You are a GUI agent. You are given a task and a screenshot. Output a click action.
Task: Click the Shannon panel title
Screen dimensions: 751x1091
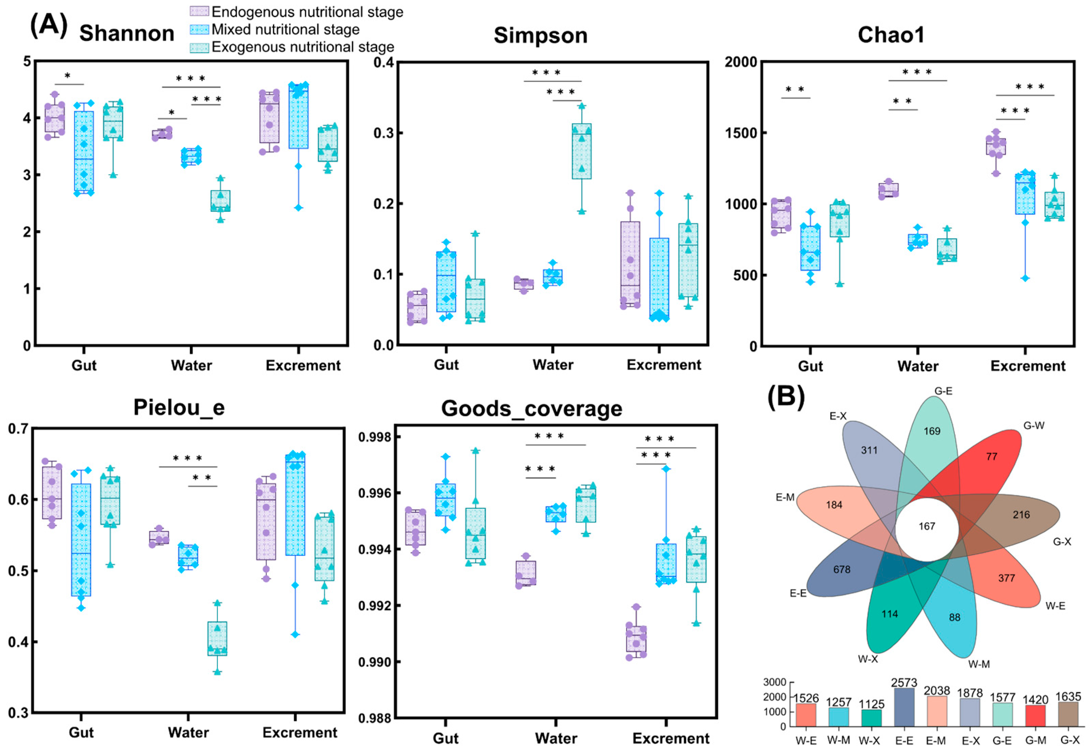click(x=127, y=33)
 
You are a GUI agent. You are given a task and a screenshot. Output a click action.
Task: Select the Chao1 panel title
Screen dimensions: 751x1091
click(x=891, y=35)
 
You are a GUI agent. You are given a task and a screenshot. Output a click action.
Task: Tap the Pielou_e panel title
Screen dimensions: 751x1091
click(x=179, y=407)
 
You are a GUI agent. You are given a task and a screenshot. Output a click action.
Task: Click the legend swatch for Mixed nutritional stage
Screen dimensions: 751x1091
click(x=199, y=30)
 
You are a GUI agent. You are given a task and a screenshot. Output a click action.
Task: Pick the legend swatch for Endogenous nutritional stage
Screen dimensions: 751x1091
click(x=199, y=12)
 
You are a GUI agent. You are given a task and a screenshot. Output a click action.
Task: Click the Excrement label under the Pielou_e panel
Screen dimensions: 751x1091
click(x=300, y=733)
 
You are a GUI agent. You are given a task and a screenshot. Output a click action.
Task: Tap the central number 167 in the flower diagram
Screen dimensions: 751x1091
click(x=927, y=526)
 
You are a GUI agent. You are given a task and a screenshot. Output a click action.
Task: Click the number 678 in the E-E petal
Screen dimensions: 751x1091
click(x=842, y=570)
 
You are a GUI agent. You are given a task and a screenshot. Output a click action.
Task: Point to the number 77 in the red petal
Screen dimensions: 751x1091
click(x=992, y=456)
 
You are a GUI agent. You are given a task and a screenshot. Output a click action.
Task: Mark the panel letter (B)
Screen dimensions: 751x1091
click(x=786, y=397)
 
